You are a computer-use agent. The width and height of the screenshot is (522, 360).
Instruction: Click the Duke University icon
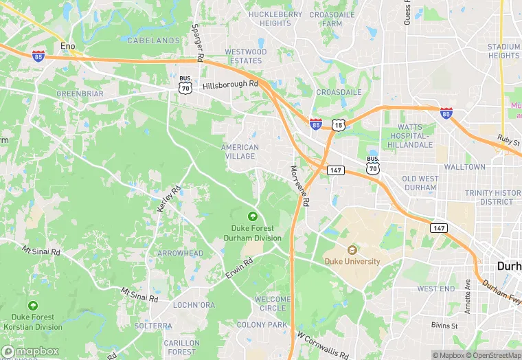352,250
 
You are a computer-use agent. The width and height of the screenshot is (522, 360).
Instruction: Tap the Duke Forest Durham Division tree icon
253,216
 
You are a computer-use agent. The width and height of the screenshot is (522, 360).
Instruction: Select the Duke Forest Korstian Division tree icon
32,305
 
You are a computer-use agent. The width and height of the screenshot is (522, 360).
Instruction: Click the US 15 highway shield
337,124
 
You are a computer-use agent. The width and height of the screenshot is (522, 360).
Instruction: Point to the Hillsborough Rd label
230,85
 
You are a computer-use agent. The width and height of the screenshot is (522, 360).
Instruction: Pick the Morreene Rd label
300,185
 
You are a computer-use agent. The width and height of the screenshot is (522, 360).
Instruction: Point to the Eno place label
67,45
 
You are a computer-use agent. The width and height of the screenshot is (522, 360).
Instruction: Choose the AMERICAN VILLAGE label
240,152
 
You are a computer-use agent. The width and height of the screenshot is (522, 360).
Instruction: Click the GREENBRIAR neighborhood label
80,93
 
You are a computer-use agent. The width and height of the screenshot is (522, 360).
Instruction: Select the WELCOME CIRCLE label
271,304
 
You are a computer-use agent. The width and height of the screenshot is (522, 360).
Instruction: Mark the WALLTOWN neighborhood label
464,167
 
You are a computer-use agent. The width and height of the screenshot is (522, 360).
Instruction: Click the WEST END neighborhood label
435,289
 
